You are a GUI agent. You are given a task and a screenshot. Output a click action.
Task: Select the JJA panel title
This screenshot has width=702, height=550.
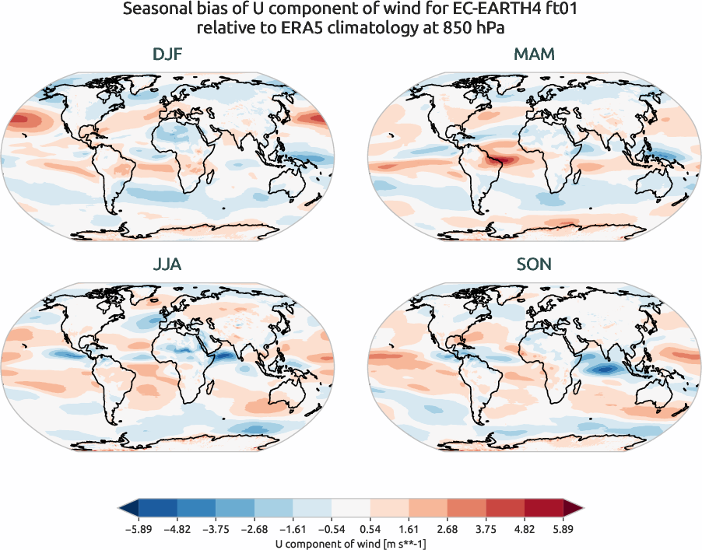point(167,264)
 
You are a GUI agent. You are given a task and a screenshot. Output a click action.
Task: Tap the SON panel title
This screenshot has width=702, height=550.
point(534,264)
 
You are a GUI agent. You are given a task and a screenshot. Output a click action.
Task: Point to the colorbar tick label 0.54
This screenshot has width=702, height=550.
point(370,527)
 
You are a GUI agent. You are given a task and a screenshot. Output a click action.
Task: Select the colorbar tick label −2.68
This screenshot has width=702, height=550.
point(254,527)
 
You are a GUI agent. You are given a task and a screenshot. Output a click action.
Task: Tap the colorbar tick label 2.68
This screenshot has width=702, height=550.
point(447,527)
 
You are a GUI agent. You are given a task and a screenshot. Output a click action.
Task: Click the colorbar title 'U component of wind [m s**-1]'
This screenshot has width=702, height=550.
point(350,542)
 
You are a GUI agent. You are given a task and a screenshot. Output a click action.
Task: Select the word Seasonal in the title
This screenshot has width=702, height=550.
point(155,12)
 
